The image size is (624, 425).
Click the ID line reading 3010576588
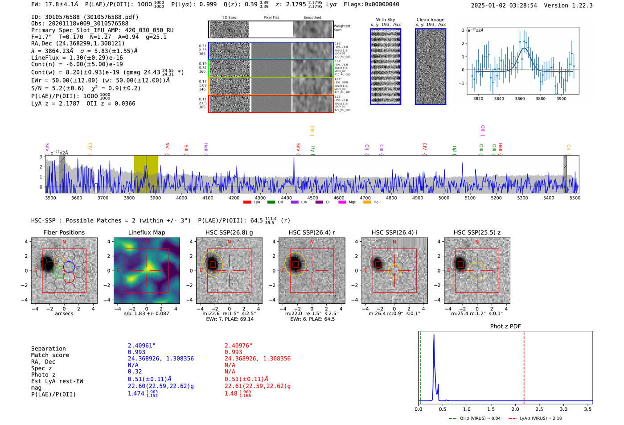85,17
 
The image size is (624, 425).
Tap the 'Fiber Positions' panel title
64,232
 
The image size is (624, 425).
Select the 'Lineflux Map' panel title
147,232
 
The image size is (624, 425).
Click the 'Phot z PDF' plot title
505,326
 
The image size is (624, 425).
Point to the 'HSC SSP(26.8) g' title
229,232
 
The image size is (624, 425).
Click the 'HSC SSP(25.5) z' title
477,232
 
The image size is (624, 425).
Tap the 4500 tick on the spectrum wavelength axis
313,198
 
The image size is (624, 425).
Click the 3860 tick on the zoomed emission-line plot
520,99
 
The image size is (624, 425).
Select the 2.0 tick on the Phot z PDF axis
515,409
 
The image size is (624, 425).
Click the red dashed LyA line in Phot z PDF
524,366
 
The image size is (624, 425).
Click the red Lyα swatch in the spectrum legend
247,202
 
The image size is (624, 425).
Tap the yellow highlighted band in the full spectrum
146,174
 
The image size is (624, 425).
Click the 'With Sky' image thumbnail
386,66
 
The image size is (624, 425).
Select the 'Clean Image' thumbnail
431,66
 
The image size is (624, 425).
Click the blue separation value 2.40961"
142,345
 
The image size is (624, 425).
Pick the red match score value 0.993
233,352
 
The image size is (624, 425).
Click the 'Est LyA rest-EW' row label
57,381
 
